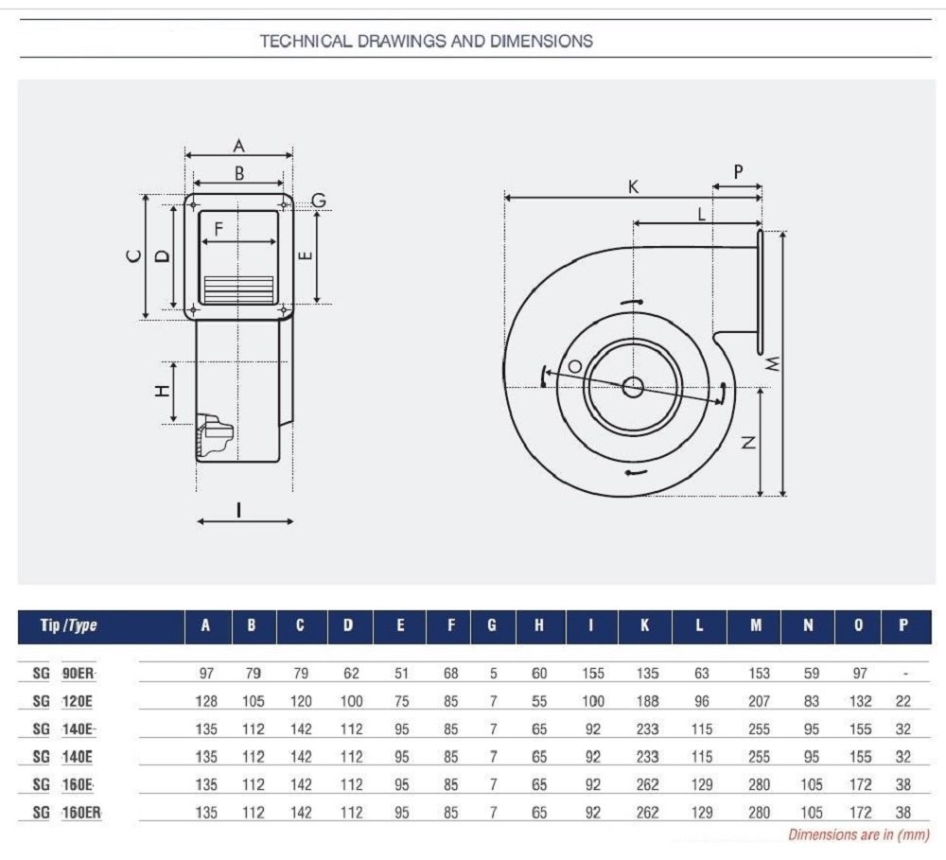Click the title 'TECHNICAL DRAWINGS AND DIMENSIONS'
[427, 41]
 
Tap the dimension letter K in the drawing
[633, 187]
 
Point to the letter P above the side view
[738, 172]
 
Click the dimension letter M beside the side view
[773, 363]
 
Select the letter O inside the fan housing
[574, 366]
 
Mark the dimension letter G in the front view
[319, 200]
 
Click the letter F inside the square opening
[219, 229]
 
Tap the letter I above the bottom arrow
[239, 510]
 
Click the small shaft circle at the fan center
[632, 387]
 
